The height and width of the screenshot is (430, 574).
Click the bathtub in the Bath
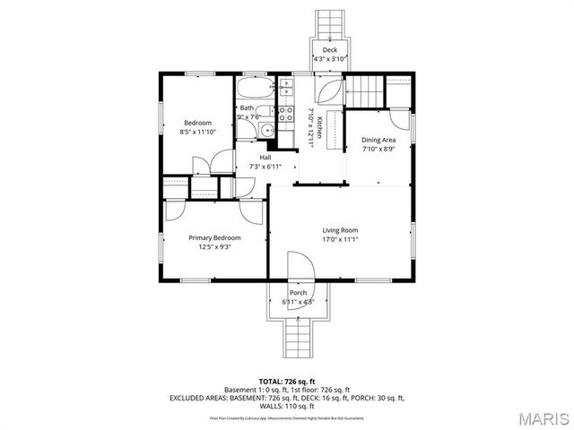pyautogui.click(x=257, y=90)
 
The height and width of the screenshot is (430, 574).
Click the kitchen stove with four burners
pyautogui.click(x=287, y=114)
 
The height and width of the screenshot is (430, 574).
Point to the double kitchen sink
pyautogui.click(x=287, y=88)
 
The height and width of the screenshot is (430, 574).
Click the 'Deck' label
pyautogui.click(x=330, y=50)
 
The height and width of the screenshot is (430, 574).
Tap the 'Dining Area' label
pyautogui.click(x=378, y=141)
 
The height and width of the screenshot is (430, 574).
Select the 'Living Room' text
pyautogui.click(x=340, y=230)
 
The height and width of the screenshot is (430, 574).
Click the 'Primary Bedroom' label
pyautogui.click(x=214, y=237)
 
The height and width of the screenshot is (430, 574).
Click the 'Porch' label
pyautogui.click(x=298, y=293)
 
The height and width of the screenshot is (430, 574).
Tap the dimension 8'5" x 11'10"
pyautogui.click(x=198, y=132)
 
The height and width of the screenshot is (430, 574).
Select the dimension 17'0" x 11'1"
pyautogui.click(x=340, y=240)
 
